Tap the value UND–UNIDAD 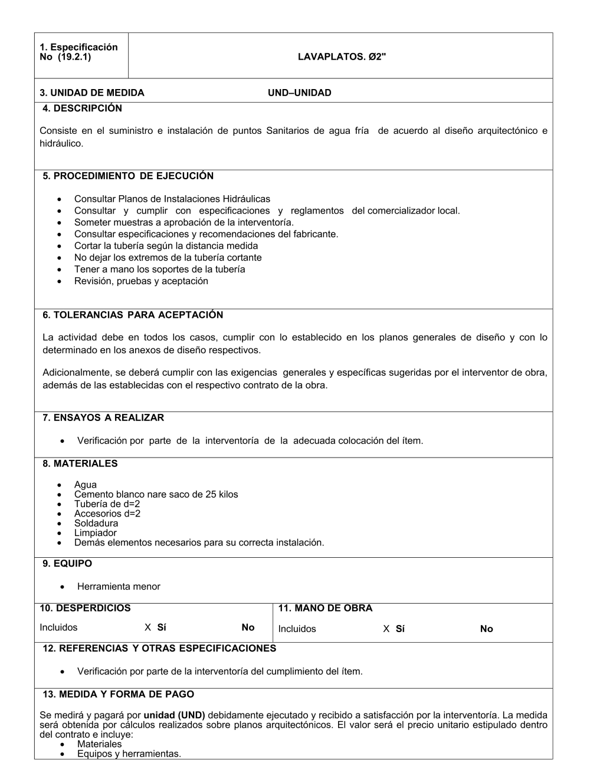click(299, 93)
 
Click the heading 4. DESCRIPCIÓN click(82, 108)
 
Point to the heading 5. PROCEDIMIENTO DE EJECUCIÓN click(128, 176)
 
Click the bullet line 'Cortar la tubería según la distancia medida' click(166, 246)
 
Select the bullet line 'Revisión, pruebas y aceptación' click(141, 281)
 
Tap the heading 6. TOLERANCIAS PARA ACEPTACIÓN click(133, 315)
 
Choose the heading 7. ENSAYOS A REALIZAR click(103, 417)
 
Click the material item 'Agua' click(86, 485)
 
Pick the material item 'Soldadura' click(96, 523)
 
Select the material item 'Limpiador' click(96, 533)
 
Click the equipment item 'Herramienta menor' click(119, 587)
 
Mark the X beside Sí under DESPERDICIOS click(147, 627)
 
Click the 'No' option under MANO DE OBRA click(486, 629)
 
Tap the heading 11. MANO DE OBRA click(325, 608)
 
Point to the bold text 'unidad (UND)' click(174, 715)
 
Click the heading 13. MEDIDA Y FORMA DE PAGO click(118, 694)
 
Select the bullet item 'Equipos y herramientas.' click(129, 754)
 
